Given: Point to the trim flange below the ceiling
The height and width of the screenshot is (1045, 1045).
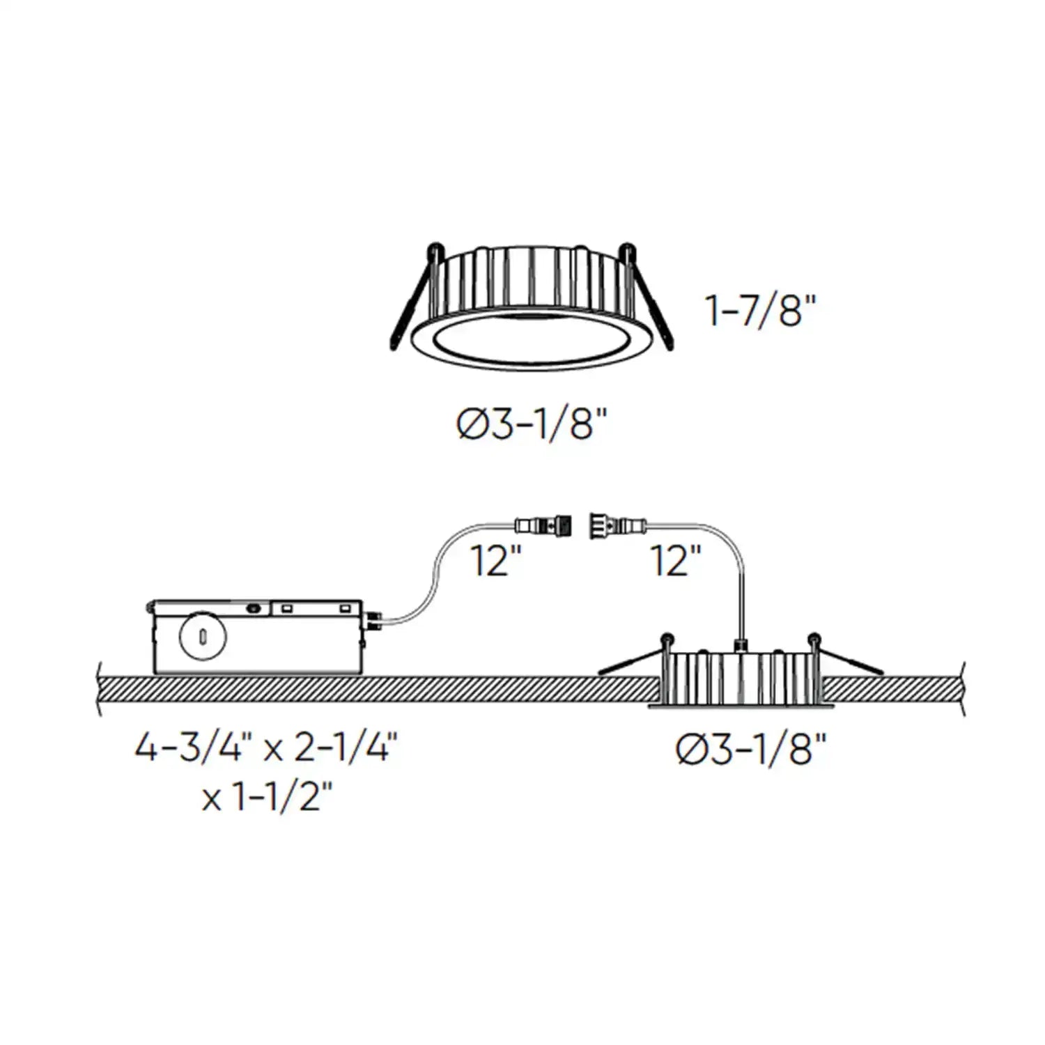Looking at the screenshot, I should pyautogui.click(x=741, y=707).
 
